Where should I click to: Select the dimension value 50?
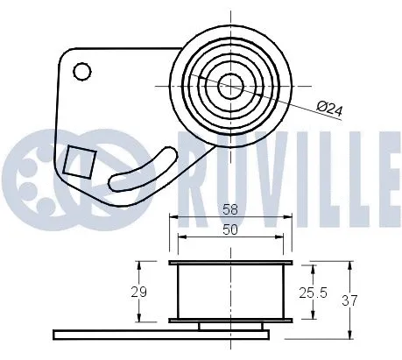pos(229,229)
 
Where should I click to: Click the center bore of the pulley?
pos(229,85)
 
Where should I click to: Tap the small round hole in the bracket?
pos(82,70)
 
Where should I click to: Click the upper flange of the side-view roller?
pos(229,263)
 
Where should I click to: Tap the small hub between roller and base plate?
pos(229,326)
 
